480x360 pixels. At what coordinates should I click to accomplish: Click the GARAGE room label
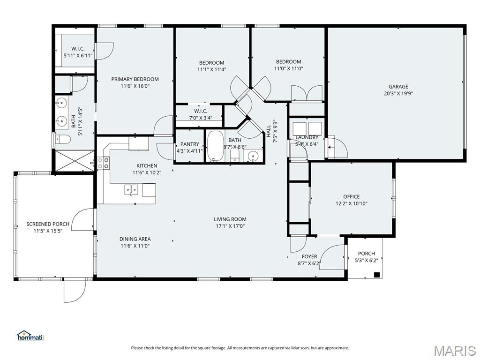398,87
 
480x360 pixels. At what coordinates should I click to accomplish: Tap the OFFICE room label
351,196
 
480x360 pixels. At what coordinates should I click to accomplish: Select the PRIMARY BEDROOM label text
135,79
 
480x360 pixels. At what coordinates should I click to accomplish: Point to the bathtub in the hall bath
215,146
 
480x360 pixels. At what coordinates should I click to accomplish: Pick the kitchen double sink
131,190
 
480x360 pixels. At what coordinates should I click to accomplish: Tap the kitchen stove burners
104,163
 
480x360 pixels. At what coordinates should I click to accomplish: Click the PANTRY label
190,144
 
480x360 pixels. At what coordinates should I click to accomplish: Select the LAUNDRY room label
307,137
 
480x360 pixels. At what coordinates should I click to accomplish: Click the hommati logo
30,335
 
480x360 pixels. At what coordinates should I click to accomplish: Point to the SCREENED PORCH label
48,224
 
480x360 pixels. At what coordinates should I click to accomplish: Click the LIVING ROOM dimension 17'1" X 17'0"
230,226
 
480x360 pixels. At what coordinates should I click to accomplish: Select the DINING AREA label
135,239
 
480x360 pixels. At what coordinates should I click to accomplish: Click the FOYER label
309,256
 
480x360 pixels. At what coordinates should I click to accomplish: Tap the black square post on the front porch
377,275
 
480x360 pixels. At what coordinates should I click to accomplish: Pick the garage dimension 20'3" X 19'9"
398,94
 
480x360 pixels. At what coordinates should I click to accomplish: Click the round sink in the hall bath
253,156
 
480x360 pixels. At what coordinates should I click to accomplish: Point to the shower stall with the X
75,161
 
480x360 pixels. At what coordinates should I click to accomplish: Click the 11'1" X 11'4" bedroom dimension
211,69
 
